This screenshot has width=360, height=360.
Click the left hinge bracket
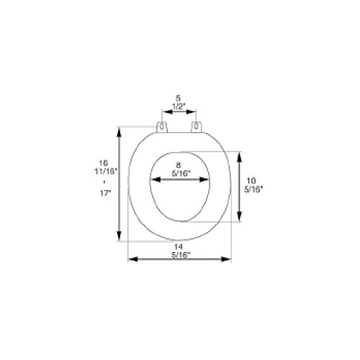[162, 127]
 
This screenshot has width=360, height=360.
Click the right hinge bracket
[197, 127]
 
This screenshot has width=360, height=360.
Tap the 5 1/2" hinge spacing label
[178, 102]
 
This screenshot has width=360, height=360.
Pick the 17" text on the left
[106, 194]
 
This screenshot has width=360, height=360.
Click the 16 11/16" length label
[105, 167]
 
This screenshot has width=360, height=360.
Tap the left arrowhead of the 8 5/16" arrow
[155, 179]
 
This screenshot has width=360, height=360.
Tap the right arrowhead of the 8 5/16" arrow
[204, 179]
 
